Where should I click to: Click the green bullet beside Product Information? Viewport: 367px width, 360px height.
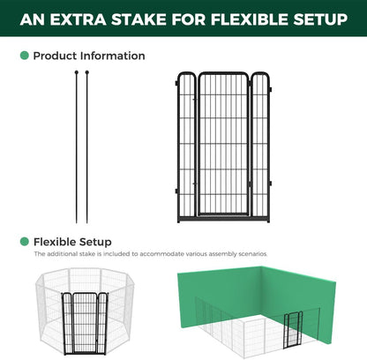click(25, 56)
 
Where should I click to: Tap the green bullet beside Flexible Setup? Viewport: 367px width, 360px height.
click(25, 241)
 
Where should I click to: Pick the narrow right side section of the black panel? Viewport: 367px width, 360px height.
click(259, 146)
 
